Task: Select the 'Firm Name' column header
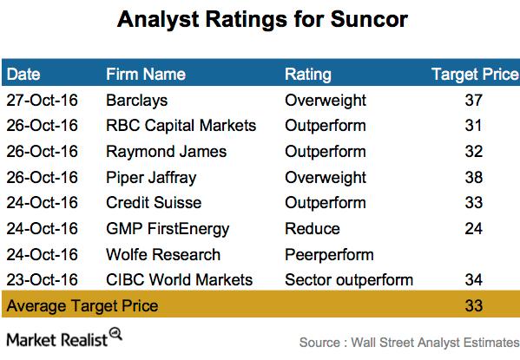coord(143,75)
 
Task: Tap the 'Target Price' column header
coord(473,75)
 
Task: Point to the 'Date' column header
coord(23,75)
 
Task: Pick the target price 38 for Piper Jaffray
coord(473,177)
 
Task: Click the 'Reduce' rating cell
coord(309,229)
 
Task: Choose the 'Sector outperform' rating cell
coord(349,280)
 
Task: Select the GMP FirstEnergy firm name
coord(167,229)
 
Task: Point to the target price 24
coord(473,229)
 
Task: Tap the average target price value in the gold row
coord(473,306)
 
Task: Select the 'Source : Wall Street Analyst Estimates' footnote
coord(409,342)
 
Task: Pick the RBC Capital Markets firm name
coord(181,126)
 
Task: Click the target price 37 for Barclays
coord(473,101)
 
